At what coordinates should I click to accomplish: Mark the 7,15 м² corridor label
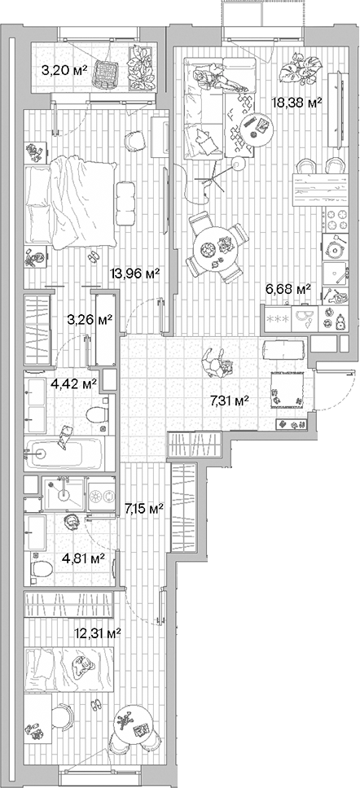pos(143,509)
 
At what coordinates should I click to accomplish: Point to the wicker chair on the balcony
pos(105,72)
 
